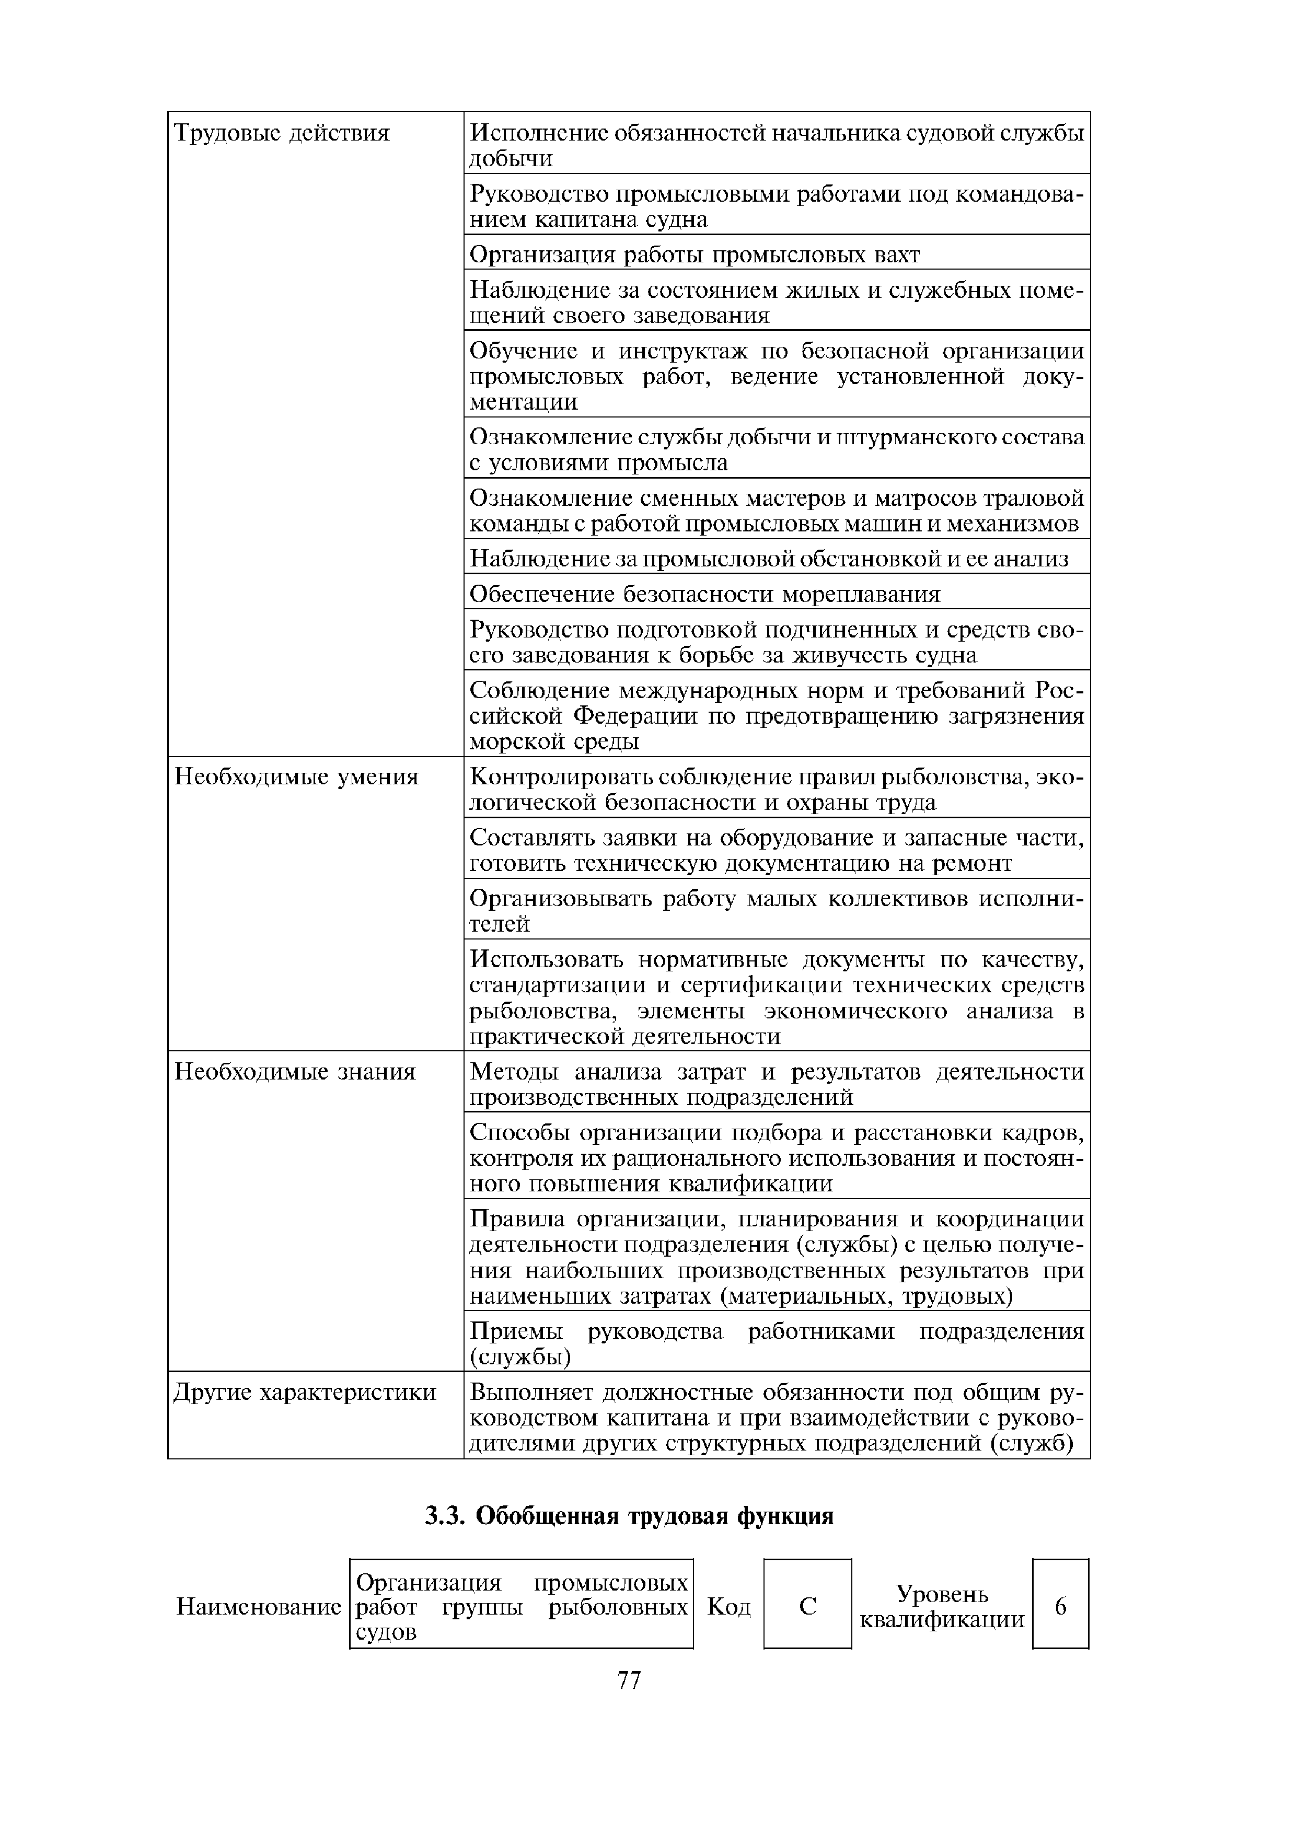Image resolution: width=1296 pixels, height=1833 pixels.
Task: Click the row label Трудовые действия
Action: click(282, 133)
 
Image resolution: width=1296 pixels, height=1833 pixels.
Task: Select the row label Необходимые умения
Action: click(296, 777)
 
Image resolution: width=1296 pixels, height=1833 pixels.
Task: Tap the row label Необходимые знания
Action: click(295, 1071)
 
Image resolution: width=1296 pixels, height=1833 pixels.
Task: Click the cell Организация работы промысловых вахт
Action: click(695, 254)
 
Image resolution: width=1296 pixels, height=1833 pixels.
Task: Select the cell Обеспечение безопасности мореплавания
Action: click(705, 594)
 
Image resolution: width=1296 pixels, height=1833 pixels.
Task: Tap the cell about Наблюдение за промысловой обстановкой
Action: click(768, 559)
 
